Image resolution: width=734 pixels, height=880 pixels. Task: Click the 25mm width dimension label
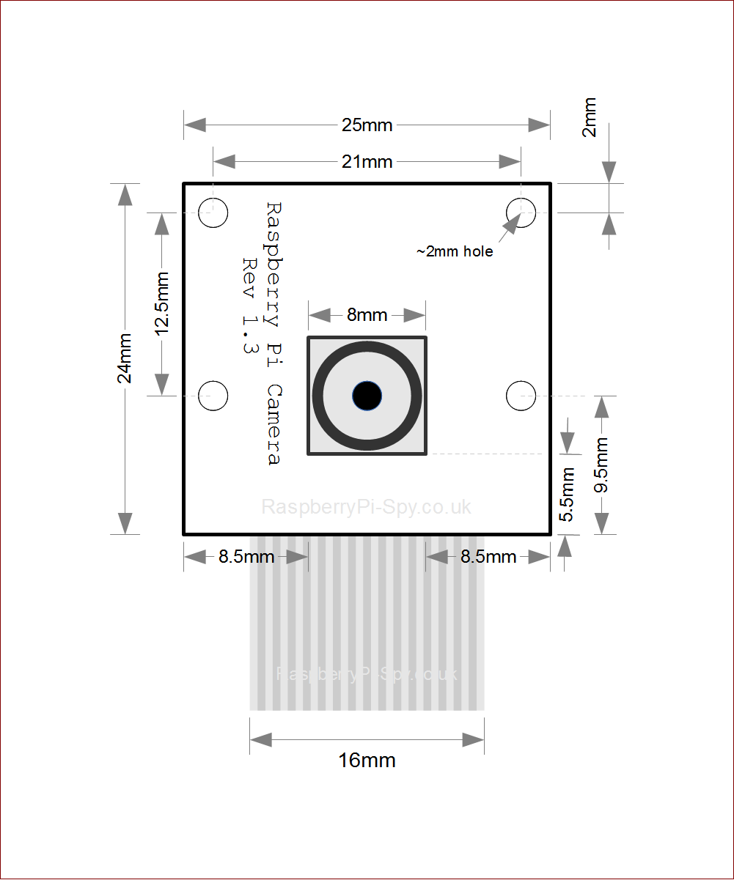pos(367,125)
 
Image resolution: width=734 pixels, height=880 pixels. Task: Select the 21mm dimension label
pos(367,162)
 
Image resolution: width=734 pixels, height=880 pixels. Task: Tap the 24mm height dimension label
pos(125,358)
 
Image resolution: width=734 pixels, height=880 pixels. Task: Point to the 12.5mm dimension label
pos(162,304)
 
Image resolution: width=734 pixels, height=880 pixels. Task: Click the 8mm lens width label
pos(367,315)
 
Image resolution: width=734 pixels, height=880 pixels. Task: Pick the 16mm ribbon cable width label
pos(367,761)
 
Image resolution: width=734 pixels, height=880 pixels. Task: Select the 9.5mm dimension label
pos(601,465)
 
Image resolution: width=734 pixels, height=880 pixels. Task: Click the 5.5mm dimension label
pos(567,495)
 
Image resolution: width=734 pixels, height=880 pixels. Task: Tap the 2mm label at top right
pos(590,118)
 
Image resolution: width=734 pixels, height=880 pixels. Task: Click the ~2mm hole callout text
pos(455,252)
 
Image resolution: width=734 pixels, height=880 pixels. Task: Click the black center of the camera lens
pos(367,396)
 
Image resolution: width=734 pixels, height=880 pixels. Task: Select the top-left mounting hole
pos(213,213)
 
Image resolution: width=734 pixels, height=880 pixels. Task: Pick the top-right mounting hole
pos(521,213)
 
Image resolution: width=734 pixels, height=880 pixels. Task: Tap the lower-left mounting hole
pos(213,396)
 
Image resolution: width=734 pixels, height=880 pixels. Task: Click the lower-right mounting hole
pos(521,396)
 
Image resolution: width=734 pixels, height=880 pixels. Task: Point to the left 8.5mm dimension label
pos(246,557)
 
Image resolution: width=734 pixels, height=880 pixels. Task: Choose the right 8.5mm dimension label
pos(488,557)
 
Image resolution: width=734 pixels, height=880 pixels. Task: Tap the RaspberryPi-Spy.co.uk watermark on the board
pos(367,507)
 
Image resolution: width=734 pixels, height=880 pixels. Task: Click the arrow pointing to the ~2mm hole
pos(507,229)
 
